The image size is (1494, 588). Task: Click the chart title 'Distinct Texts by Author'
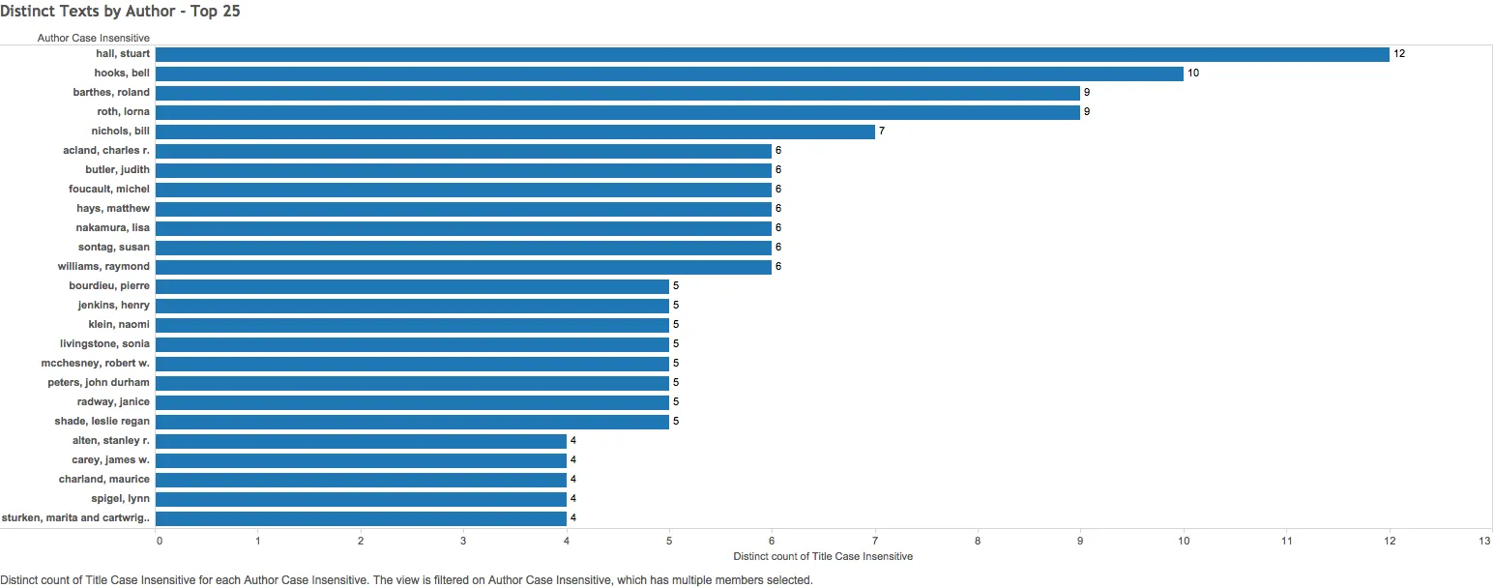point(120,13)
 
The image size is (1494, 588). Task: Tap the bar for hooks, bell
point(669,73)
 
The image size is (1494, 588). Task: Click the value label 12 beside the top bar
point(1398,54)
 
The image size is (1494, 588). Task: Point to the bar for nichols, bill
point(514,132)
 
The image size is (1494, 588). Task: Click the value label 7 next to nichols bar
point(882,132)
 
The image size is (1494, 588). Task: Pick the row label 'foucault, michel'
point(109,190)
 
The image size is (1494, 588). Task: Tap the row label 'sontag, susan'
point(114,248)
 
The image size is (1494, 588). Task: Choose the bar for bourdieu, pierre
point(412,286)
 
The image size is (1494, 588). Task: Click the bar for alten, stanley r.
point(361,441)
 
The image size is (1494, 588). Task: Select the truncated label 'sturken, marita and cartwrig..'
point(76,518)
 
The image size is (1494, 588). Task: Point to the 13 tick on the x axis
point(1485,541)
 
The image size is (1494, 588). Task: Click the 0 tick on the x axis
point(160,541)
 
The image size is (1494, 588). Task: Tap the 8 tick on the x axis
point(978,541)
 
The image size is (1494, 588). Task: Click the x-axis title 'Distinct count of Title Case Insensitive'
point(823,557)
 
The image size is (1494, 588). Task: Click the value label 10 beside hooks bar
point(1193,73)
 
